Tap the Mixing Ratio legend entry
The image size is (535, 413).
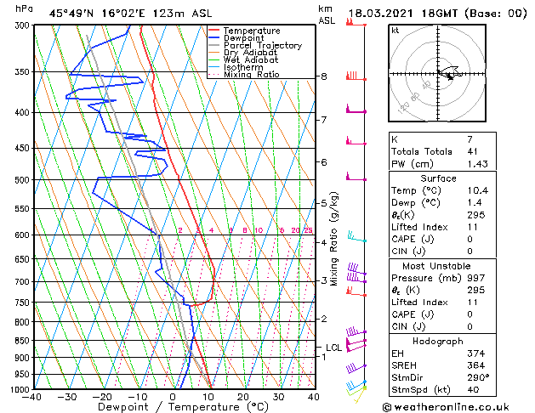point(251,76)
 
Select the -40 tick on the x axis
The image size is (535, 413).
point(33,397)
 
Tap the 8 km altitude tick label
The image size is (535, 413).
point(323,76)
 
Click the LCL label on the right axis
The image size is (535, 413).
point(333,348)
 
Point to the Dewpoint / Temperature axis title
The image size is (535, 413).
point(174,407)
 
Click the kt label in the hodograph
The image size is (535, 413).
point(395,30)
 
